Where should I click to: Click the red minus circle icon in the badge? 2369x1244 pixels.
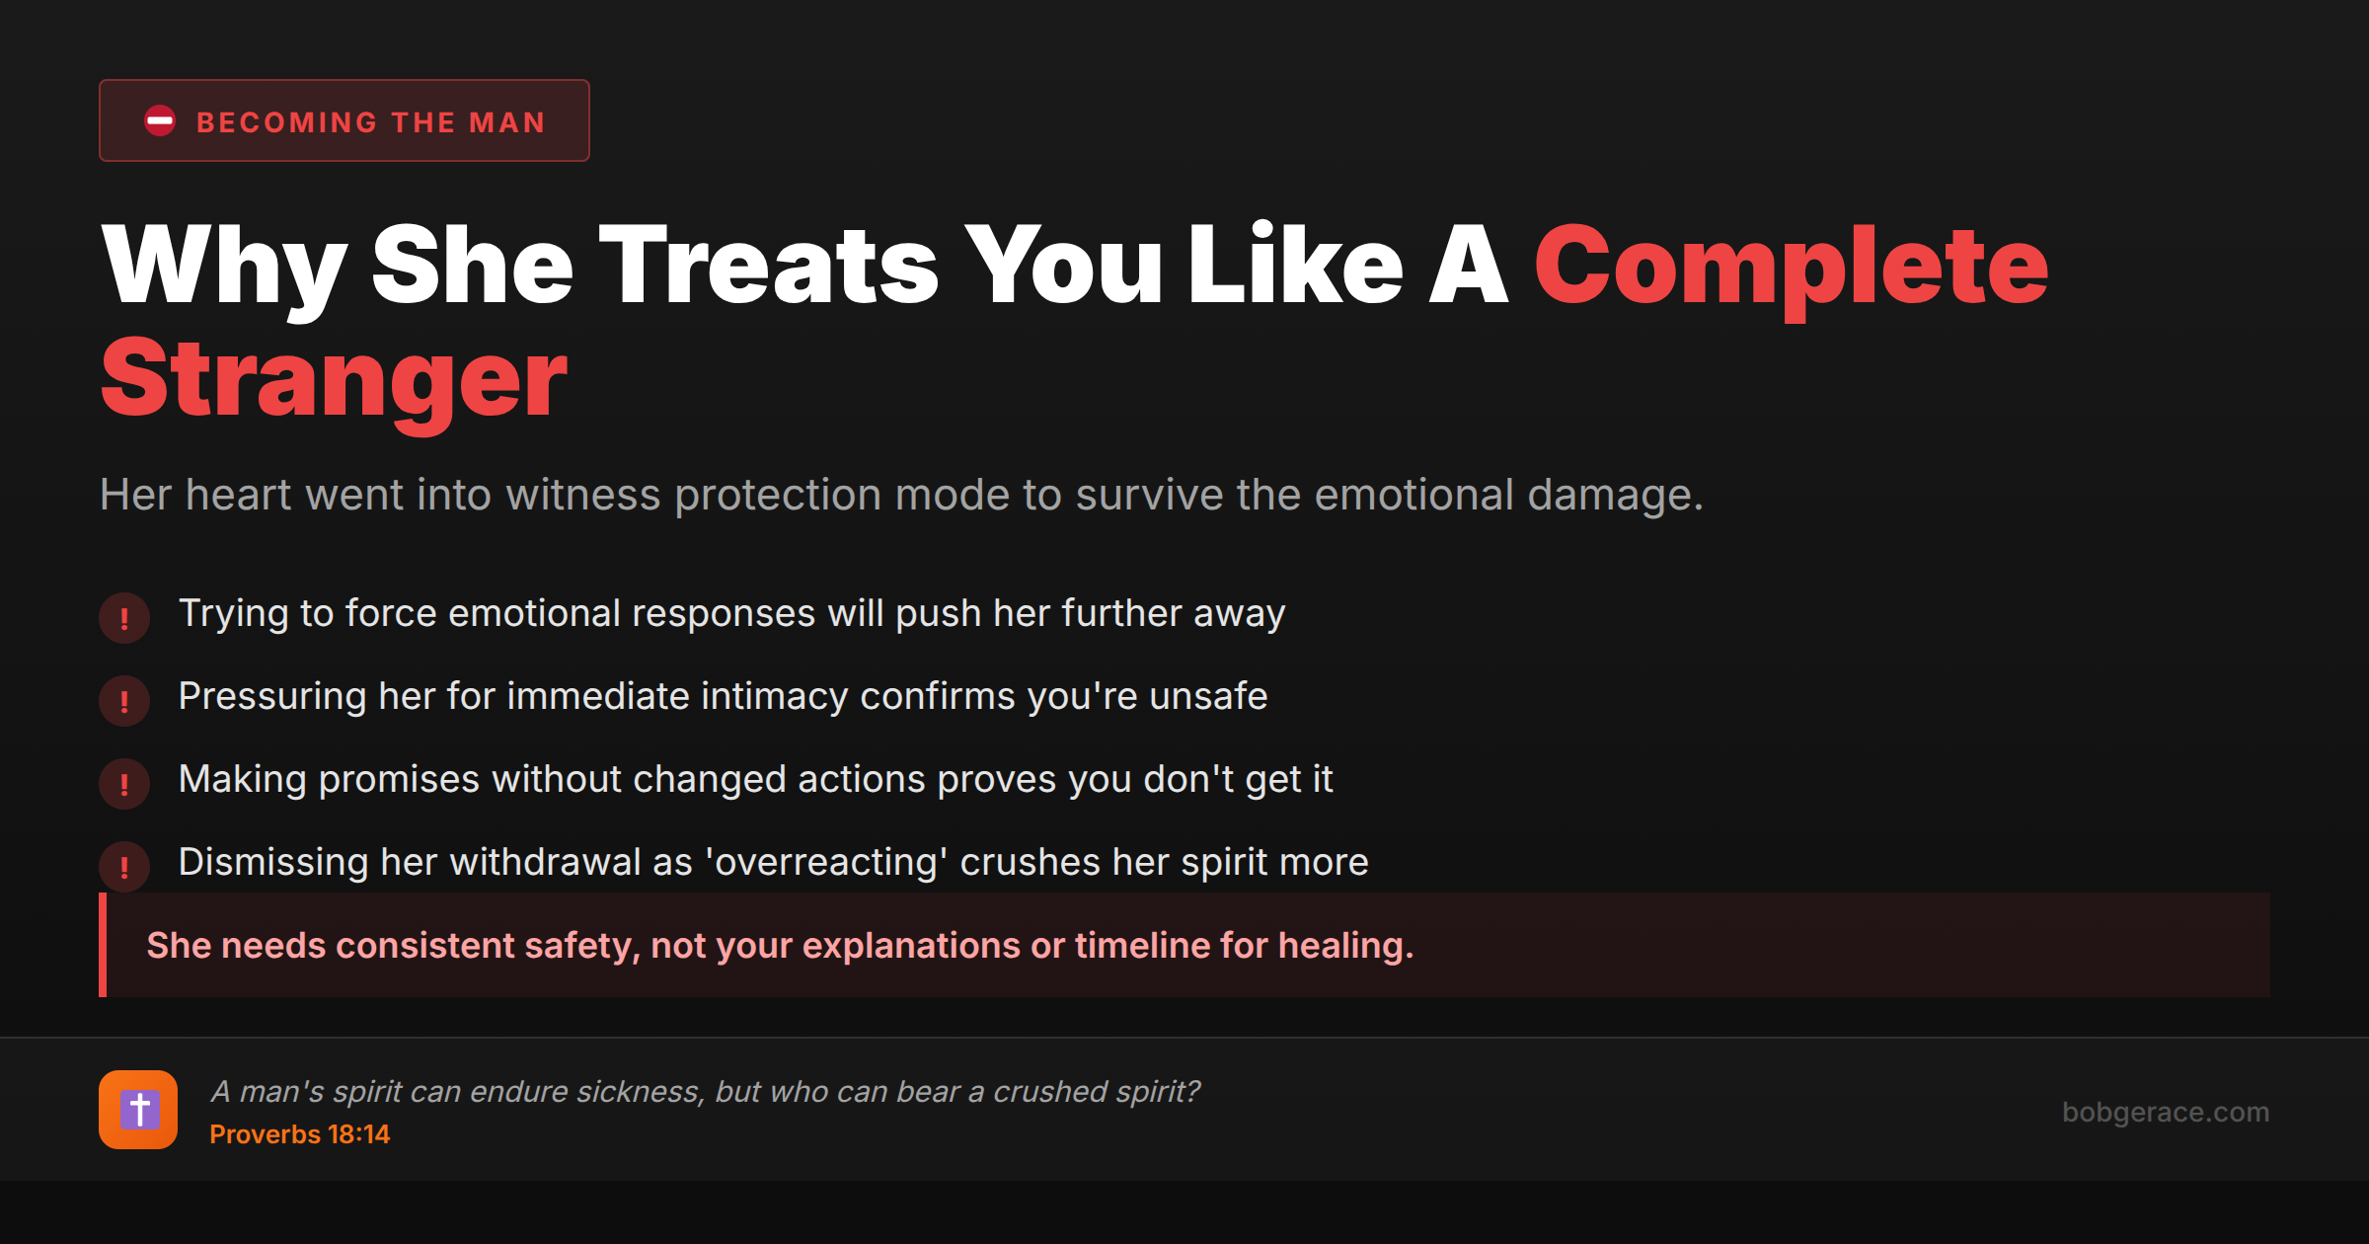click(x=160, y=120)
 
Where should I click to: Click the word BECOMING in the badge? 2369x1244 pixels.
click(x=287, y=122)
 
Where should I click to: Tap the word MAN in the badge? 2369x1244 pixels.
click(x=507, y=122)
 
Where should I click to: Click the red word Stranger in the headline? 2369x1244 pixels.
click(x=334, y=381)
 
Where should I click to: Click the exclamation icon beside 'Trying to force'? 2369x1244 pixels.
click(x=124, y=618)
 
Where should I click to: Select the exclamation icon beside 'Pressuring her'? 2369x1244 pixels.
click(x=124, y=701)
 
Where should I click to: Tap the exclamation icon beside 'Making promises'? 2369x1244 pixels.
click(x=124, y=784)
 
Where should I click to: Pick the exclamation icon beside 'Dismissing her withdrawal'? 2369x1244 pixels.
click(x=124, y=867)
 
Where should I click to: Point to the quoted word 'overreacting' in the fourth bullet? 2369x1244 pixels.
click(x=826, y=863)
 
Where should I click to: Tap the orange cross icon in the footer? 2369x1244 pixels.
click(x=138, y=1110)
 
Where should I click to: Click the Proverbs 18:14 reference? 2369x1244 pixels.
click(x=300, y=1134)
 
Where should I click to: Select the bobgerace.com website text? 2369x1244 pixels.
click(x=2166, y=1112)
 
